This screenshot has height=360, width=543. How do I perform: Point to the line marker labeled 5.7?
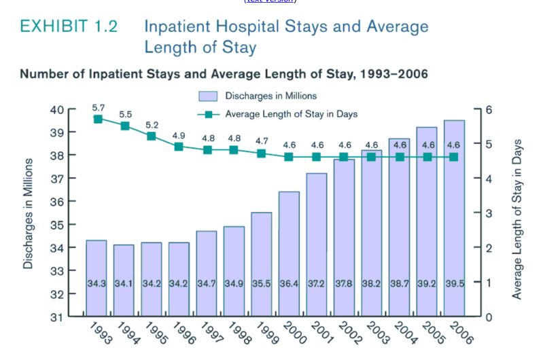[98, 119]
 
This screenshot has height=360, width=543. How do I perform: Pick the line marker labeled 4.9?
[179, 146]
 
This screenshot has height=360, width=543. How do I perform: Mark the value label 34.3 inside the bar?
[97, 282]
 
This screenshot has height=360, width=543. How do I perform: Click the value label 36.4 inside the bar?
[289, 282]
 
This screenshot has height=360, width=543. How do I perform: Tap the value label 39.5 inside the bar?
[454, 282]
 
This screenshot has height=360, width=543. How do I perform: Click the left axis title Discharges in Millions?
[29, 213]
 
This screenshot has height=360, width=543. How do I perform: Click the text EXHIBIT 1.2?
[69, 27]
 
